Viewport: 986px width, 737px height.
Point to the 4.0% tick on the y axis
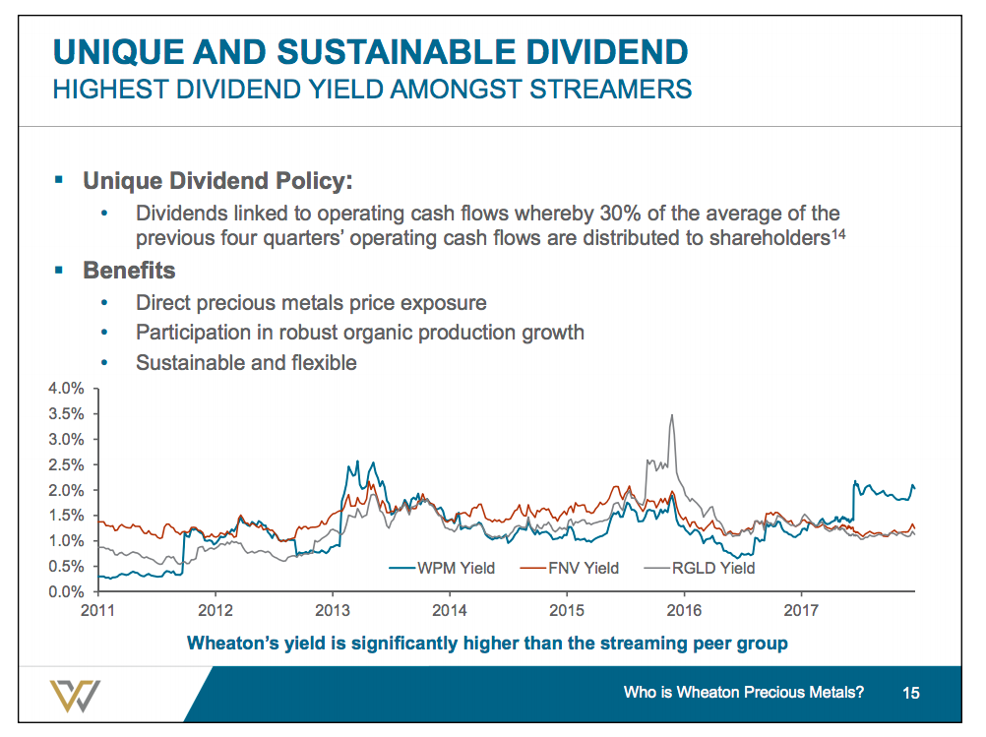click(x=67, y=389)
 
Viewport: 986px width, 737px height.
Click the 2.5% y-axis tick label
click(x=67, y=464)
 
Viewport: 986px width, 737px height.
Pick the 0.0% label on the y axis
click(x=67, y=592)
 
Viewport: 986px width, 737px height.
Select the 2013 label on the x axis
click(x=333, y=610)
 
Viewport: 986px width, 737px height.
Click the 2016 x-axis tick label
click(x=685, y=610)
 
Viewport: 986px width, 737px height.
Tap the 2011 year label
click(x=98, y=610)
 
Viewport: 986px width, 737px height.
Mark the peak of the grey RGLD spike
click(x=671, y=415)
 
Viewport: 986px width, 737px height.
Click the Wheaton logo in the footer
click(x=76, y=696)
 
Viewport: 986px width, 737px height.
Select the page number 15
click(x=910, y=694)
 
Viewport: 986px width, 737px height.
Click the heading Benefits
click(x=129, y=270)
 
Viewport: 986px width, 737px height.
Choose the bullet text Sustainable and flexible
click(x=246, y=362)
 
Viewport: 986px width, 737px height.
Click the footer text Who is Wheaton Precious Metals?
click(x=744, y=693)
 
